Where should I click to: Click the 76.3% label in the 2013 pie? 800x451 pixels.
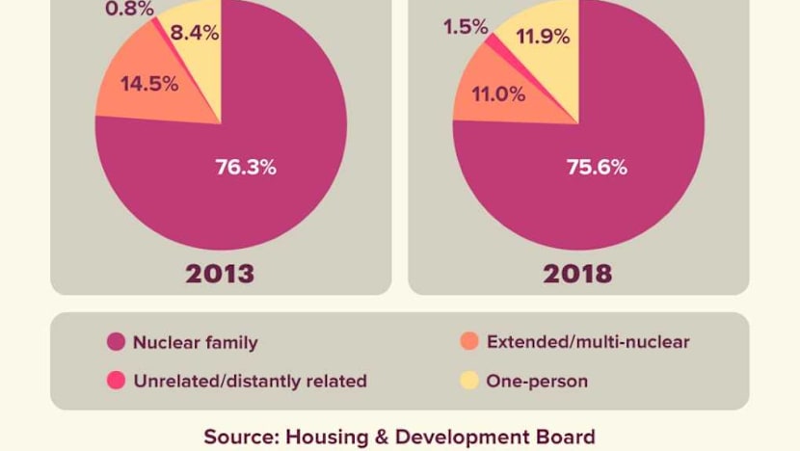coord(245,167)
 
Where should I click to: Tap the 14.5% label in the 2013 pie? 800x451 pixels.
coord(149,84)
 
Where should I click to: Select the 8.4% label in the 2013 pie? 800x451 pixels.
coord(194,34)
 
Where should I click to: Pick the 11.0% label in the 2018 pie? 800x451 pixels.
coord(498,94)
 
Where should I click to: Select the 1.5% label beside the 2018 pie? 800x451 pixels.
coord(466,28)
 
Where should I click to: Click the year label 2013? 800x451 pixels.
coord(221,273)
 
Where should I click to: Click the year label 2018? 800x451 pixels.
coord(577,273)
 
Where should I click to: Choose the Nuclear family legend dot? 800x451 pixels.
coord(117,342)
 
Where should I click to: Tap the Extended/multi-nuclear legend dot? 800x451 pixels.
coord(470,342)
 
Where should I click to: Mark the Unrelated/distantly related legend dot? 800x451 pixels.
coord(117,382)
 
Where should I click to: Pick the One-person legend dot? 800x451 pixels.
coord(470,382)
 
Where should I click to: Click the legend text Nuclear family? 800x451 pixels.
coord(196,342)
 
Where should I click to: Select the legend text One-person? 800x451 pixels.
coord(538,382)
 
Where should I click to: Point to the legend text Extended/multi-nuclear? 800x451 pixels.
coord(588,342)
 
